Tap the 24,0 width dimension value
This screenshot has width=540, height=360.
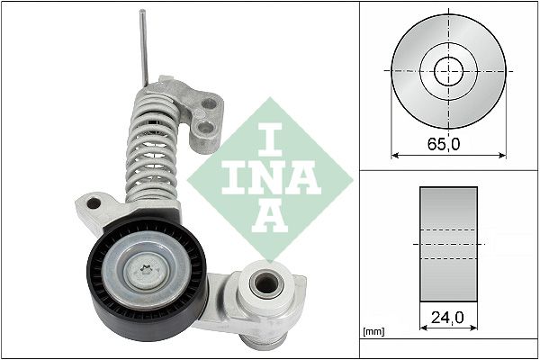(x=447, y=318)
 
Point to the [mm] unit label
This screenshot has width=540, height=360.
(x=372, y=332)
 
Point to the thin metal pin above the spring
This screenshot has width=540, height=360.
(x=144, y=49)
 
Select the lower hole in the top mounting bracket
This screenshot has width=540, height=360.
(x=207, y=135)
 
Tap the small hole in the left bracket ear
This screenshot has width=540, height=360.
(x=93, y=204)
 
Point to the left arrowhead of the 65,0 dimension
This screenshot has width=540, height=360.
(x=394, y=154)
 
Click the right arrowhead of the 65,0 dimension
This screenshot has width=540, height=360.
(x=503, y=154)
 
